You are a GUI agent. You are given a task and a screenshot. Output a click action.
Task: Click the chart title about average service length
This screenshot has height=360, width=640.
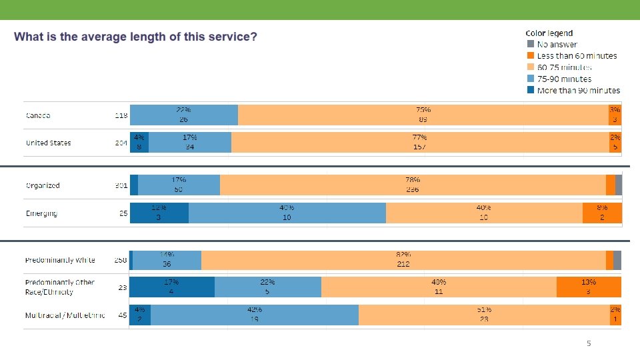tap(136, 37)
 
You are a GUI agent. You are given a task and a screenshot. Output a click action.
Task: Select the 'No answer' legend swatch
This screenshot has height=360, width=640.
tap(531, 44)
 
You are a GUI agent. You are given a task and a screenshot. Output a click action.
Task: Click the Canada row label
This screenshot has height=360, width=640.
tap(38, 115)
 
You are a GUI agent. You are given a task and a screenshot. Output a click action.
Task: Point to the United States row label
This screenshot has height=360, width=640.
tap(48, 143)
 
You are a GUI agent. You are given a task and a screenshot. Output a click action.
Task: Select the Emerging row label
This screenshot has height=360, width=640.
tap(41, 213)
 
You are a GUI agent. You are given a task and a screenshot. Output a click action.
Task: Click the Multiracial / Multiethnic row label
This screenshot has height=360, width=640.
tap(65, 315)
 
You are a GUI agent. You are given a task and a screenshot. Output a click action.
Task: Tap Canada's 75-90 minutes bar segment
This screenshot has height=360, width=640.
tap(183, 115)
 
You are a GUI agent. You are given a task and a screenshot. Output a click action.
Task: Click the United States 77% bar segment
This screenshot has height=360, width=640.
tap(420, 142)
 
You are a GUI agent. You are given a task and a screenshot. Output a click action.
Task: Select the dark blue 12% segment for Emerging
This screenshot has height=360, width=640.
tap(159, 213)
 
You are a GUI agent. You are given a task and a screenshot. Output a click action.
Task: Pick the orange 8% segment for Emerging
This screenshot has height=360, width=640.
tap(602, 213)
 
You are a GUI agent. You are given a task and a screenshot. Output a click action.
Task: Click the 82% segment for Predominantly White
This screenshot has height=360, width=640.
tap(403, 260)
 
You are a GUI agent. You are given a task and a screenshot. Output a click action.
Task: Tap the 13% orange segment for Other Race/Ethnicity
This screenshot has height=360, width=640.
tap(589, 287)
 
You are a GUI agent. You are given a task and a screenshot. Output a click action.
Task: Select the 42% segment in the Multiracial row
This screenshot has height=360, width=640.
tap(255, 315)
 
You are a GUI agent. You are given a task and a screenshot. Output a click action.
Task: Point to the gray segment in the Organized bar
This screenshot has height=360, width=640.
tap(619, 185)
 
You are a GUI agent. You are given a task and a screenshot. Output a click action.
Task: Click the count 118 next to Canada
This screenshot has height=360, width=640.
tap(121, 115)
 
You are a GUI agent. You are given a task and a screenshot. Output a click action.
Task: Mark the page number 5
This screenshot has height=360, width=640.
tap(588, 343)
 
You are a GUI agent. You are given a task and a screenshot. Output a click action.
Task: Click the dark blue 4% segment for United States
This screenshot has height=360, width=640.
tap(139, 142)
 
